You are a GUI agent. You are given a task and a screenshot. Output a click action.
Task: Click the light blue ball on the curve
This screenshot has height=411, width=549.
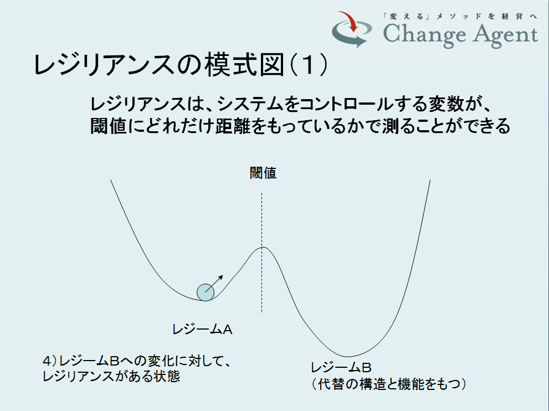click(x=206, y=292)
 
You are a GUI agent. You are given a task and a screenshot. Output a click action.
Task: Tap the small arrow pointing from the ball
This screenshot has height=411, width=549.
click(x=214, y=284)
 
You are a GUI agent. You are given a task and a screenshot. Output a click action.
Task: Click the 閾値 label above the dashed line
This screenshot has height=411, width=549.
click(x=263, y=173)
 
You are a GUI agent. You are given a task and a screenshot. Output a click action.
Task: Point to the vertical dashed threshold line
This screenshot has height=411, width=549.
click(x=261, y=253)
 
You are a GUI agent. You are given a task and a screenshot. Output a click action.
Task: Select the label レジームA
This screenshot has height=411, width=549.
click(x=202, y=329)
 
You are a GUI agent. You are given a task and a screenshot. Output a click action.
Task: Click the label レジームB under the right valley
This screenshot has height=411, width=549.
click(x=341, y=368)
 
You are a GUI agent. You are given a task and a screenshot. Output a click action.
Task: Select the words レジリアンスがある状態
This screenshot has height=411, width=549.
click(x=111, y=376)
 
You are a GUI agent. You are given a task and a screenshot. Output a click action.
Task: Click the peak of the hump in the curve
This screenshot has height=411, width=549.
click(x=263, y=247)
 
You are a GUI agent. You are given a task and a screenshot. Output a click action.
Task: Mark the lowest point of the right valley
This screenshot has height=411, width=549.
click(x=347, y=357)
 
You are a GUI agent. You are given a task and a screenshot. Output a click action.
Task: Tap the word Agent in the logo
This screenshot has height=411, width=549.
click(x=502, y=35)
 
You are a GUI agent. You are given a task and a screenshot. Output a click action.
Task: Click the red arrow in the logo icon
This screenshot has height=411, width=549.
click(x=348, y=21)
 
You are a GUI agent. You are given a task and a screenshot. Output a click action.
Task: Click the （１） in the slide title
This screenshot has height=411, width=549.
click(x=309, y=65)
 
